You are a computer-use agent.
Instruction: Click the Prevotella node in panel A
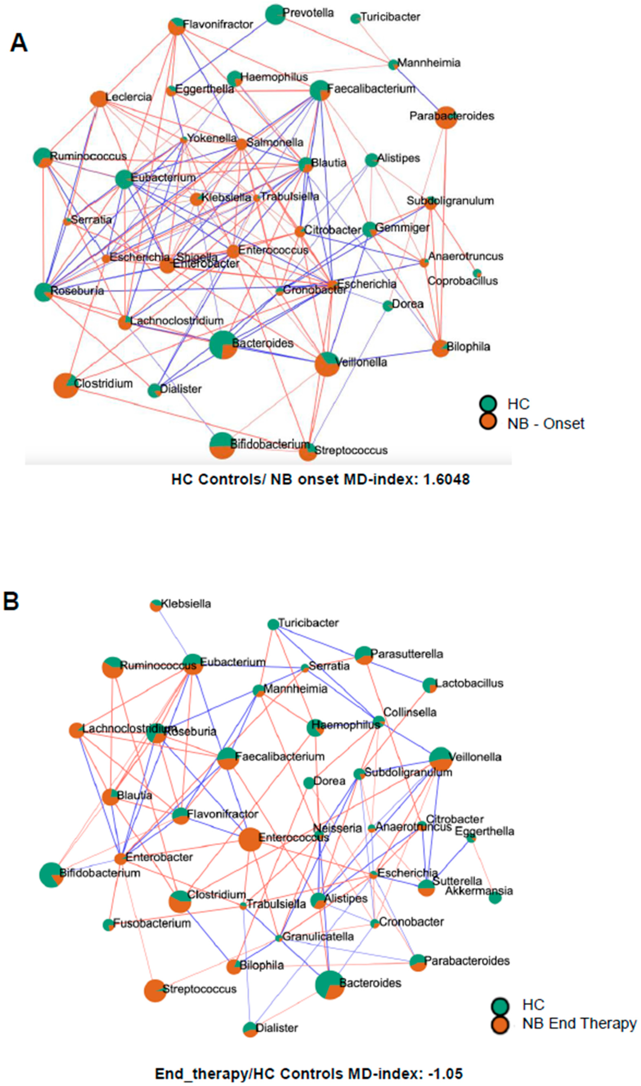275,15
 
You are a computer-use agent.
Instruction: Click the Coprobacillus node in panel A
477,273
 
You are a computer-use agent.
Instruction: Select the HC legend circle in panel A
488,404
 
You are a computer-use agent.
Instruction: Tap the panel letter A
19,43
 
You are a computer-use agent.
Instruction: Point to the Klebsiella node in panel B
155,605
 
